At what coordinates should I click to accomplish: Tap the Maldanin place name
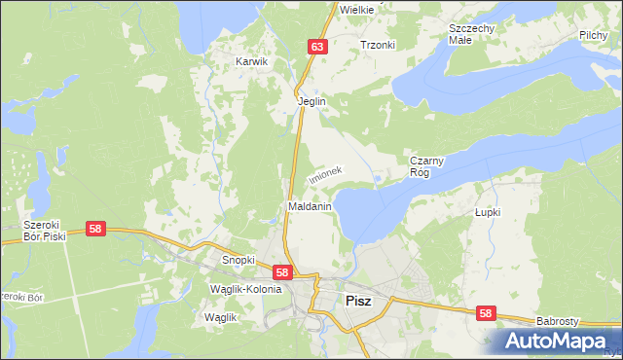click(x=311, y=207)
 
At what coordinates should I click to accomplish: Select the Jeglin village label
click(x=311, y=101)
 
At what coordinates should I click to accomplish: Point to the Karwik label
click(x=251, y=61)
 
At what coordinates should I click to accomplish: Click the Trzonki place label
click(x=378, y=45)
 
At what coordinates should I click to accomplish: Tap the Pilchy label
click(x=593, y=35)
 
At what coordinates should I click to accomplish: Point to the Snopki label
click(x=238, y=261)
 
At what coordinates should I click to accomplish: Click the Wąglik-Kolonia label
click(x=245, y=289)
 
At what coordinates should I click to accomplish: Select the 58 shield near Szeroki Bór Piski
click(x=94, y=229)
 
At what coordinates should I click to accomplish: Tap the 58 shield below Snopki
click(x=281, y=273)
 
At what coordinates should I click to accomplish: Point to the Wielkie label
click(x=356, y=8)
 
